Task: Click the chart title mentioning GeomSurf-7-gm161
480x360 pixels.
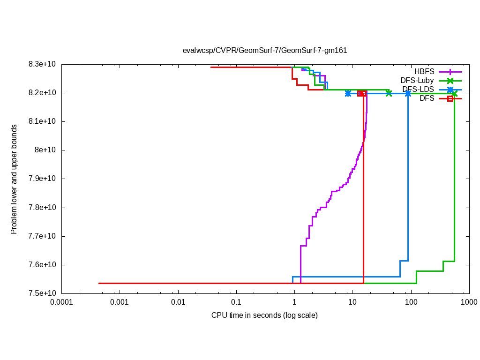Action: point(265,51)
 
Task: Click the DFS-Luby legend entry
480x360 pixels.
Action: point(417,81)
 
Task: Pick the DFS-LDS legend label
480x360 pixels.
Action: point(418,90)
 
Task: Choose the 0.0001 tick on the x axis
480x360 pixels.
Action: point(61,302)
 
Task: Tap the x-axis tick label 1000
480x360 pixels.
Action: point(469,302)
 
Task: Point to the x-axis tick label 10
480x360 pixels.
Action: point(352,302)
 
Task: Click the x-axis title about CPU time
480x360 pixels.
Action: point(264,315)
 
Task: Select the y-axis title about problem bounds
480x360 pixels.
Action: point(14,179)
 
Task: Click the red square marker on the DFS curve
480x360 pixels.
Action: point(360,93)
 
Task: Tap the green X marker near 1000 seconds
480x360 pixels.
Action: point(454,93)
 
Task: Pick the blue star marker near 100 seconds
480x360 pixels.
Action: point(408,93)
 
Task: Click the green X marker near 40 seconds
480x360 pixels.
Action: point(389,93)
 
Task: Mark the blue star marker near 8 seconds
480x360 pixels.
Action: point(348,93)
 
